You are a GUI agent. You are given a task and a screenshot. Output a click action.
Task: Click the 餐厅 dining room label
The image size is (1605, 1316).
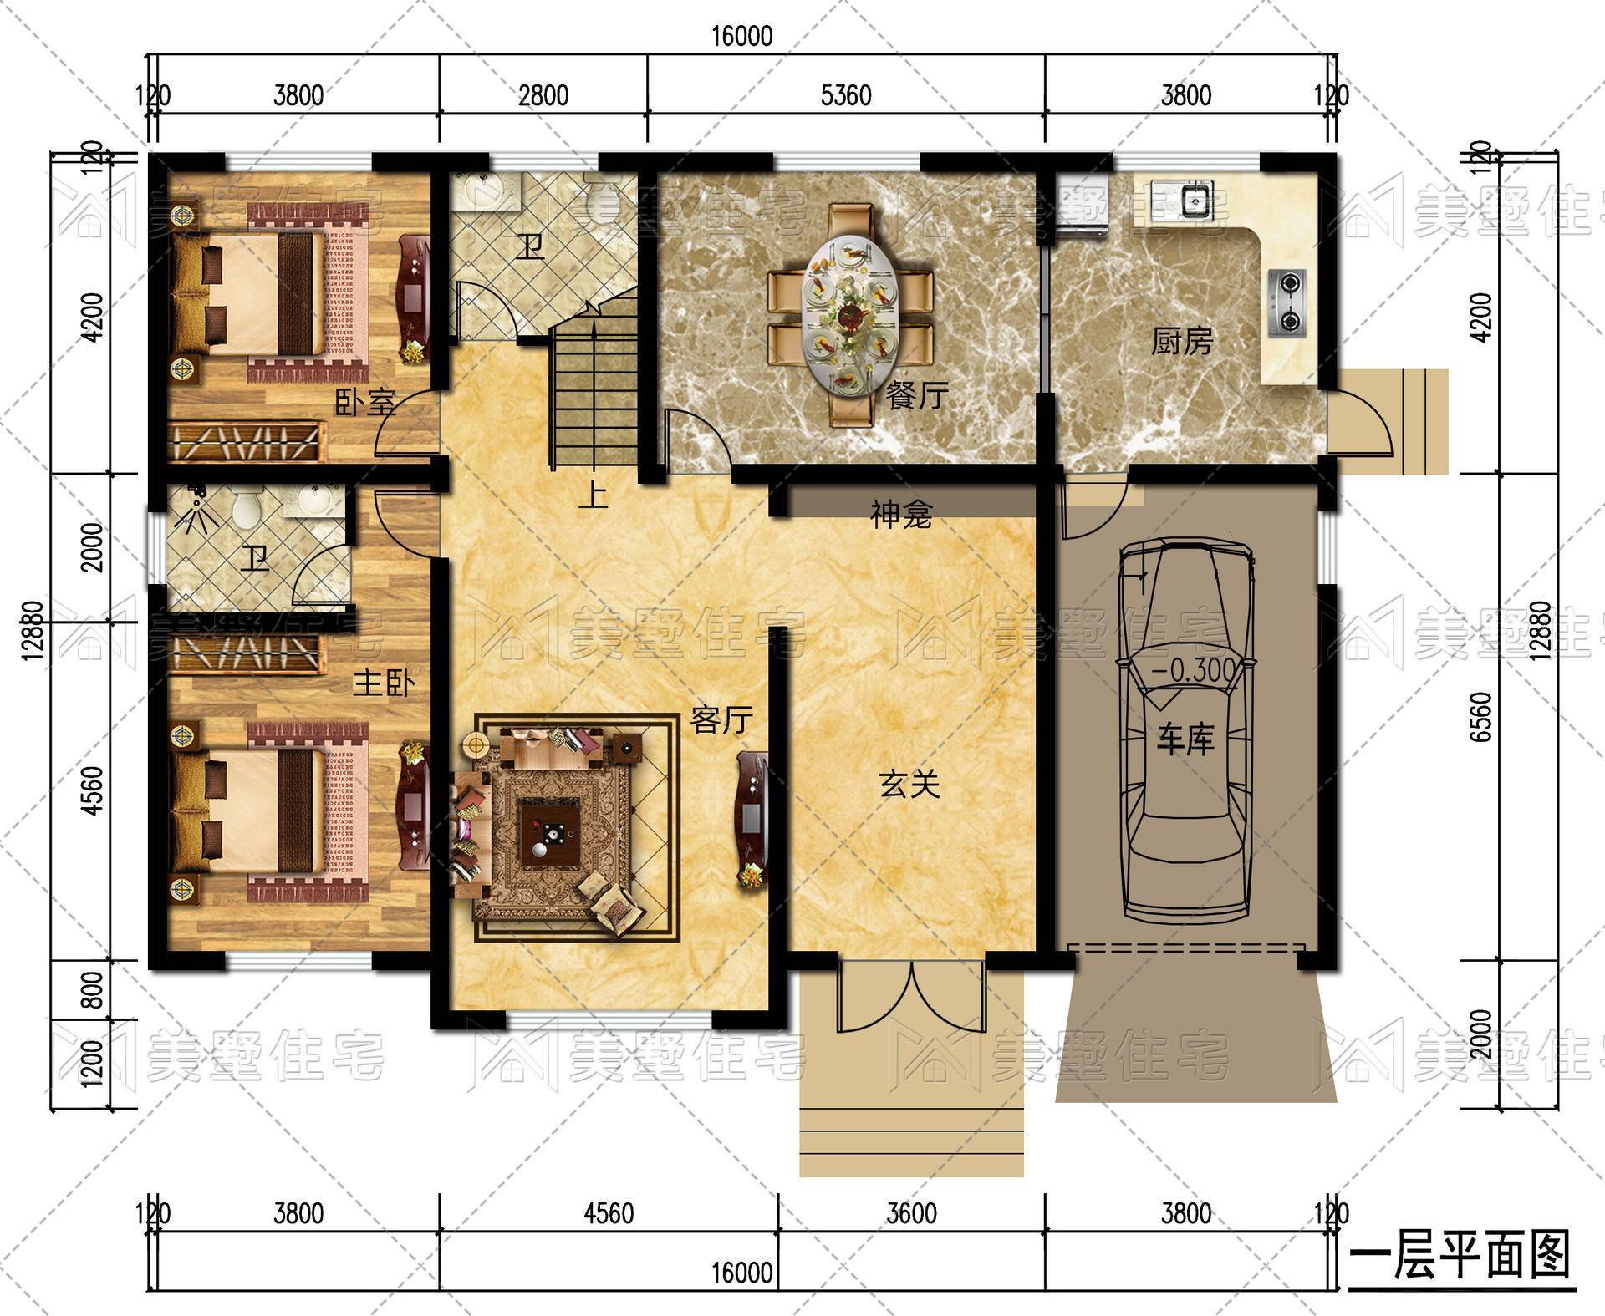pos(917,394)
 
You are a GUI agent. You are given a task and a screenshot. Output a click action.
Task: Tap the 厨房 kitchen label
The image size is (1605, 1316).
pos(1181,341)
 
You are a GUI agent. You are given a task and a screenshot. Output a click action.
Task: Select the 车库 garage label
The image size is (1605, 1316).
pos(1185,739)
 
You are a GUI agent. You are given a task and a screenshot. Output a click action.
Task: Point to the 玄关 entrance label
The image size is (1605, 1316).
pos(909,784)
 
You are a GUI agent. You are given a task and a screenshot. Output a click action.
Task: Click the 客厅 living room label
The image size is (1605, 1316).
pos(722,719)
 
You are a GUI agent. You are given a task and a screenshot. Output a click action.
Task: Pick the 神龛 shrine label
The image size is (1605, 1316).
pos(901,515)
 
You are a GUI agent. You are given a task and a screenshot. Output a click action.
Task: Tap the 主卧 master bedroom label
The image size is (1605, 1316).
pos(384,683)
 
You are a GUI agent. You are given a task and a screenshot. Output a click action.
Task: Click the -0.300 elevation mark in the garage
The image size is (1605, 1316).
pos(1194,670)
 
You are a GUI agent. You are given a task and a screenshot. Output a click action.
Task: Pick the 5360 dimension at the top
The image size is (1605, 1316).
pos(846,95)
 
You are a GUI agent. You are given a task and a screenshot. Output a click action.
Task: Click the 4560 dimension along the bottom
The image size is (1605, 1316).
pos(609,1212)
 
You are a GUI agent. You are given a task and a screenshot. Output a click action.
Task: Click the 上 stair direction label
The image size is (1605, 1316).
pos(593,495)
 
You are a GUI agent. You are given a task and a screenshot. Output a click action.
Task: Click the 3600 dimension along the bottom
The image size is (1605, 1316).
pos(911,1212)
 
